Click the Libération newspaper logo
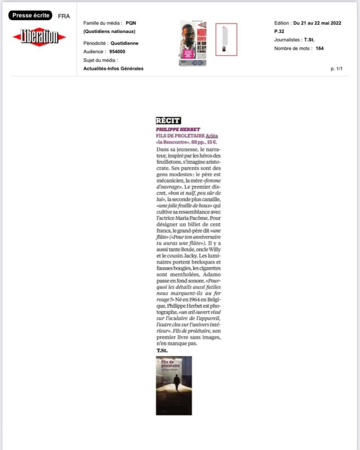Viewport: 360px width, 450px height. (39, 36)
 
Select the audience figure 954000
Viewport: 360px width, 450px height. (118, 52)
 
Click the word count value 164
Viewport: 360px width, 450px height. (320, 48)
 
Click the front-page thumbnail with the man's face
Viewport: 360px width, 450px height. (193, 44)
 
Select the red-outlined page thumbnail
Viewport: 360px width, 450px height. (226, 40)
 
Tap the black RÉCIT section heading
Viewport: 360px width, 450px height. (168, 121)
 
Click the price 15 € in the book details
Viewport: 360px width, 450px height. (211, 142)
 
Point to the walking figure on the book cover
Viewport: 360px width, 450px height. (176, 382)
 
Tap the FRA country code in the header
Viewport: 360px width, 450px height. (64, 16)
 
